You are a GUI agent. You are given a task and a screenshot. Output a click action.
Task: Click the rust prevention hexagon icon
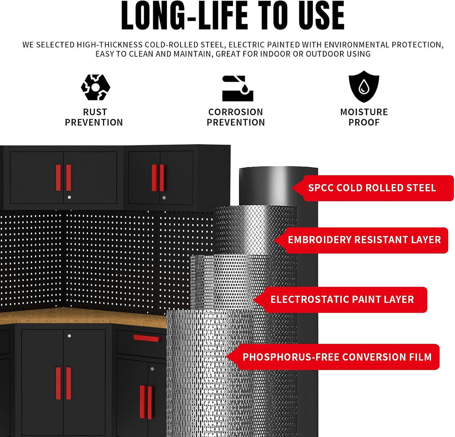[95, 87]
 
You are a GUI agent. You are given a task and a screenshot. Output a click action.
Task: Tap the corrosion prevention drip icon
[237, 88]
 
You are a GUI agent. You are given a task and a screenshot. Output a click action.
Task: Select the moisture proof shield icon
[364, 86]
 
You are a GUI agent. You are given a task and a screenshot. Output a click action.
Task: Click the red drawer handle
[147, 338]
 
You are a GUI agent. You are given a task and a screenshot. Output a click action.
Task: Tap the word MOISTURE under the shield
[364, 112]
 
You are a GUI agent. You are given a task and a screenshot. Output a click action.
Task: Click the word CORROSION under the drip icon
[236, 112]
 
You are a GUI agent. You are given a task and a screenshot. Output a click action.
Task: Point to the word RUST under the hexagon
[95, 112]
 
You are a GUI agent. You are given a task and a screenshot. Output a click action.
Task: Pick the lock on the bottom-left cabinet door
[69, 336]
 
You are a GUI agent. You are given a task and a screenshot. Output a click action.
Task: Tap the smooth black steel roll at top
[278, 186]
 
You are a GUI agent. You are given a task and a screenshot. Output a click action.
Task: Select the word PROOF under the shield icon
[364, 122]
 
